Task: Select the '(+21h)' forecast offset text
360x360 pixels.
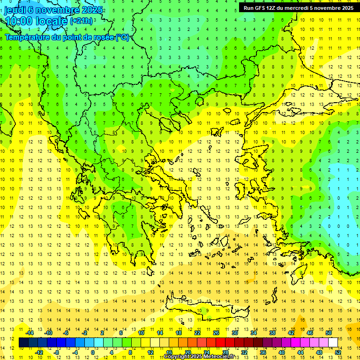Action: [x=81, y=21]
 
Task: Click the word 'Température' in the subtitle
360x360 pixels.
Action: [x=26, y=37]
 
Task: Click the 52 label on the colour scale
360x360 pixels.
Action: [x=338, y=352]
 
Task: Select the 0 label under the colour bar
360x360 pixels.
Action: [x=93, y=352]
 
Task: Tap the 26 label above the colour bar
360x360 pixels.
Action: [x=216, y=333]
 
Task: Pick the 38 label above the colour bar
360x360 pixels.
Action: [x=272, y=333]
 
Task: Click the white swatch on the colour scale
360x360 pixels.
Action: [x=333, y=343]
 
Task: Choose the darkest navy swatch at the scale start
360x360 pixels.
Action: [x=24, y=343]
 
